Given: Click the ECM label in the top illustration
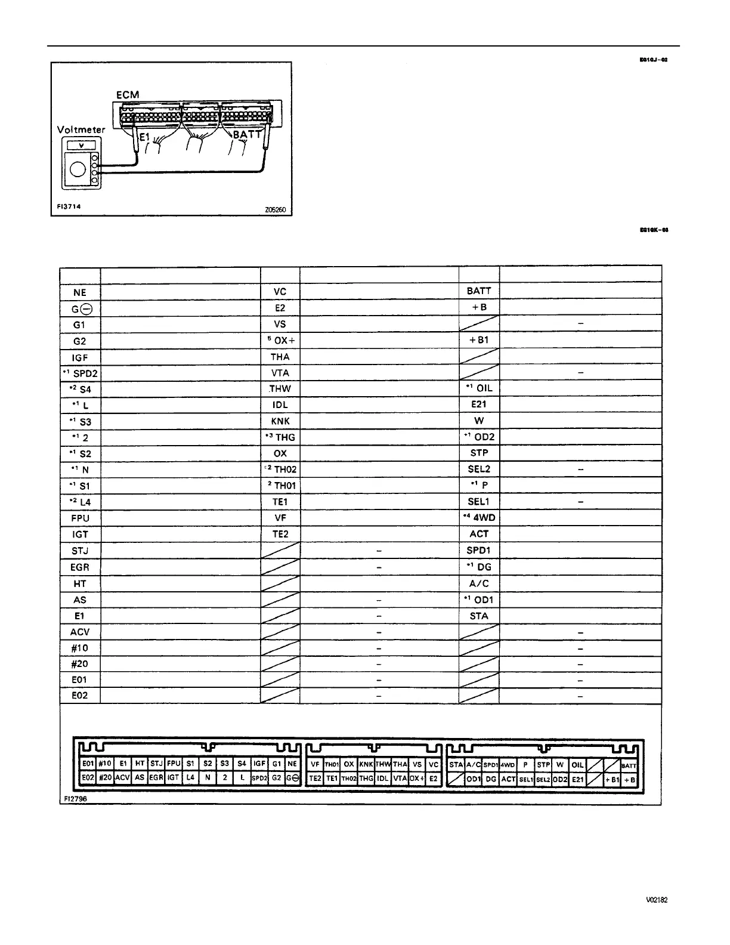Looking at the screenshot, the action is click(x=128, y=95).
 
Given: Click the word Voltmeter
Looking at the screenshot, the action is click(x=81, y=129).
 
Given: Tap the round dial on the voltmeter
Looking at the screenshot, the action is click(x=78, y=170).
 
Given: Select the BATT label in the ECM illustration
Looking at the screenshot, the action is click(x=247, y=135).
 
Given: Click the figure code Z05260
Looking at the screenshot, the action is click(x=276, y=210).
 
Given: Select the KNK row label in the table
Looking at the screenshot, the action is click(x=280, y=421).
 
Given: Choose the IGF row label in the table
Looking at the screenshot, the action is click(x=80, y=357).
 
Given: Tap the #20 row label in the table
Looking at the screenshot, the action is click(x=79, y=664).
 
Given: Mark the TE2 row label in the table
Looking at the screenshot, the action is click(x=280, y=534).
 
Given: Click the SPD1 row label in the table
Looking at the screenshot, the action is click(x=478, y=551).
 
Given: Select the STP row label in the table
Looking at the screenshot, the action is click(x=479, y=453).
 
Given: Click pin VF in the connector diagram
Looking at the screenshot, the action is click(x=315, y=764).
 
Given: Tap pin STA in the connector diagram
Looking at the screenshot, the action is click(x=456, y=764).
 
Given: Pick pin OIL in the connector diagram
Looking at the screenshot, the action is click(x=577, y=764).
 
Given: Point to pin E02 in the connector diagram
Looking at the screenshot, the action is click(x=88, y=778).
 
